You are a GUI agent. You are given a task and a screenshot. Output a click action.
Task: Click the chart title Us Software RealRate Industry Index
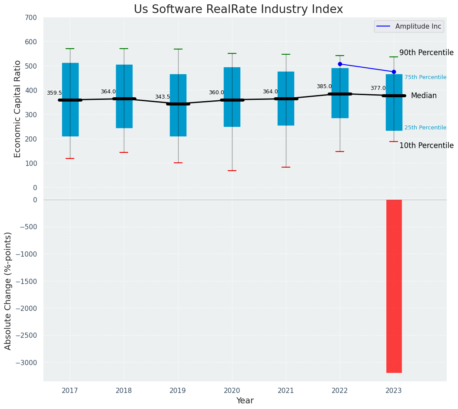[238, 10]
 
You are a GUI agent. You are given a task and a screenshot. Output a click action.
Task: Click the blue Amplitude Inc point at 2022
[340, 64]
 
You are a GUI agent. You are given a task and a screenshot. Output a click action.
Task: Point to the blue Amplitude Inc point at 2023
[394, 72]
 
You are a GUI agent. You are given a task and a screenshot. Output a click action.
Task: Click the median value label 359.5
[54, 93]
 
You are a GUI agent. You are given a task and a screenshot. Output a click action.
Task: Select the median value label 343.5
[163, 97]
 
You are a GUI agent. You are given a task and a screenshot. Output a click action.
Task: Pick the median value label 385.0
[324, 86]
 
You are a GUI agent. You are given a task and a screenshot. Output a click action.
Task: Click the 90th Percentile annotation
[426, 53]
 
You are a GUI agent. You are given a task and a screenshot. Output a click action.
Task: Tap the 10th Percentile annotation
[426, 145]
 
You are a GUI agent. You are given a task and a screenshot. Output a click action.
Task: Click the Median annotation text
[424, 96]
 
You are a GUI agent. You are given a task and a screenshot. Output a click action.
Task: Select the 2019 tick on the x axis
[178, 391]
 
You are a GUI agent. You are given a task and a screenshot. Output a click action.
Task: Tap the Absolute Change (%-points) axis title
[8, 290]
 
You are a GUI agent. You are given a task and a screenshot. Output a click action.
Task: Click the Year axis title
[245, 401]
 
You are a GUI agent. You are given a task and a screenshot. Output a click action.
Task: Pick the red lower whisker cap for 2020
[232, 171]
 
